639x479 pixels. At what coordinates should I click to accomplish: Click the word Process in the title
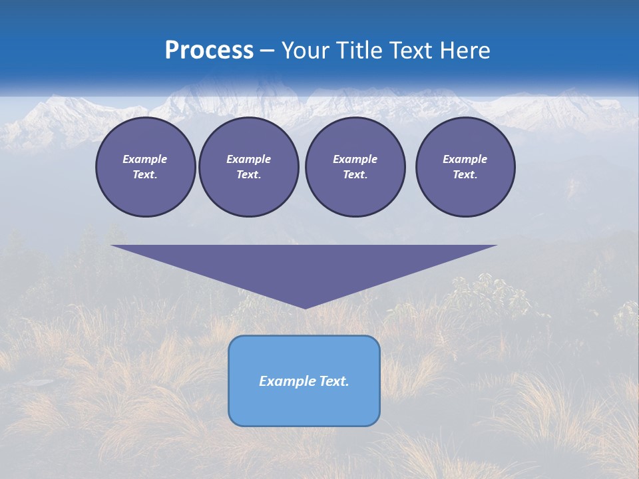[209, 51]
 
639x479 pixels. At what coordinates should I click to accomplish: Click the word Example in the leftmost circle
[145, 159]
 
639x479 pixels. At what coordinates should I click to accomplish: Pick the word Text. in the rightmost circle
[465, 174]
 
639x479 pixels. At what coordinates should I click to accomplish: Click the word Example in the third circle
[355, 159]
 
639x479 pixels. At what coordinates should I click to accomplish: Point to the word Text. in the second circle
[248, 174]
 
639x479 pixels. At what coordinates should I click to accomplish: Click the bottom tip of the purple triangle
[304, 307]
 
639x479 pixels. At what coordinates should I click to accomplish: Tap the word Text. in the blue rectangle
[334, 381]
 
